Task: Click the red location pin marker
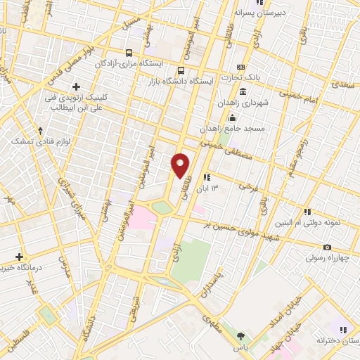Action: coord(181,165)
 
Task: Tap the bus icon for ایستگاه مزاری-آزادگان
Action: coord(128,53)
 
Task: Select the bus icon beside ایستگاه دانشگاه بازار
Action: coord(181,70)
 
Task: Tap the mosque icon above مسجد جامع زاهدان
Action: coord(232,117)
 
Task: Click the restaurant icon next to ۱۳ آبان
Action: coord(205,178)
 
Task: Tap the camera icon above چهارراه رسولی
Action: coord(327,247)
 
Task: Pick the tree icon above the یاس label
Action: coord(241,336)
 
